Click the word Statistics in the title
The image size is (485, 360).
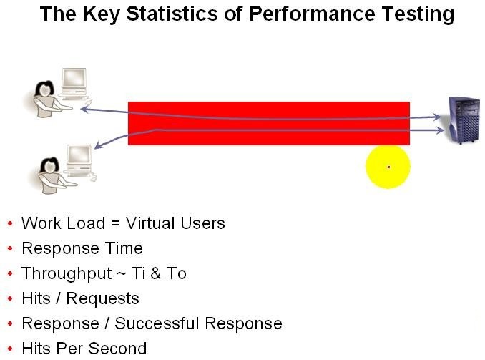(172, 14)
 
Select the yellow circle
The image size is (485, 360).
(388, 167)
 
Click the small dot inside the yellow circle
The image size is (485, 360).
(389, 167)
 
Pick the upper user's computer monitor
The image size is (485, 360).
(74, 78)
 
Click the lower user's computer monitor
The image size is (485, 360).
(79, 155)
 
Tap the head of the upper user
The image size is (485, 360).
(44, 89)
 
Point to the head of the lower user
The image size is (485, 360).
(49, 166)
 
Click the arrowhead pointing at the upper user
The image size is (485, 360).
(84, 109)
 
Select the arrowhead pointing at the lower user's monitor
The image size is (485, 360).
(99, 145)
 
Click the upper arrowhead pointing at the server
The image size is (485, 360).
(437, 117)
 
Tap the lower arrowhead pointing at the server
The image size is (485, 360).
(439, 130)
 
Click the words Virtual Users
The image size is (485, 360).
(175, 223)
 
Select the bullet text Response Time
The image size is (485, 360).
(82, 248)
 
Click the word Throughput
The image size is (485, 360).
(67, 274)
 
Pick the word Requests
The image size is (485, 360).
(103, 299)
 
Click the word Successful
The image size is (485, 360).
(157, 323)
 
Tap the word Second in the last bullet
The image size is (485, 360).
(117, 349)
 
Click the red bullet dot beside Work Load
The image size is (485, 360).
(10, 223)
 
